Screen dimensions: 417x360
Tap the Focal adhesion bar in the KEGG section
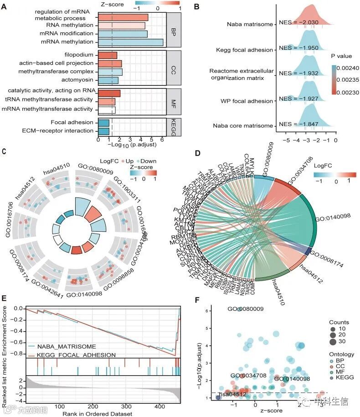103,122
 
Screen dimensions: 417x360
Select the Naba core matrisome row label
247,125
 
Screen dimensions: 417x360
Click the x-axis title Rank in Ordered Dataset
102,413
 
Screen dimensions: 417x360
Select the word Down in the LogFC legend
149,161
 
